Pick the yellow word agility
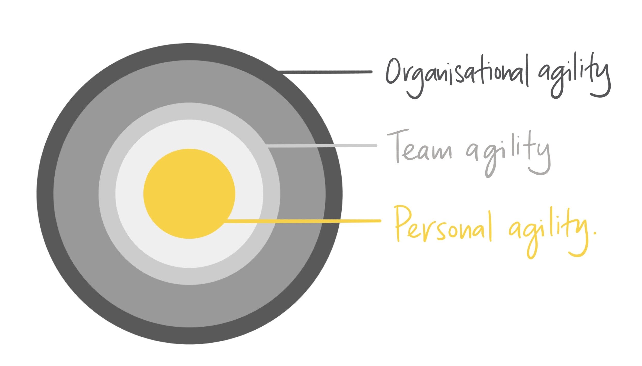click(x=548, y=232)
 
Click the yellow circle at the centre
click(x=189, y=194)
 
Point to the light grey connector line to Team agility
click(x=322, y=146)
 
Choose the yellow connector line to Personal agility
click(x=302, y=221)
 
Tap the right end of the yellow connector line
click(x=380, y=221)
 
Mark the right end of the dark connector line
click(x=372, y=72)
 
